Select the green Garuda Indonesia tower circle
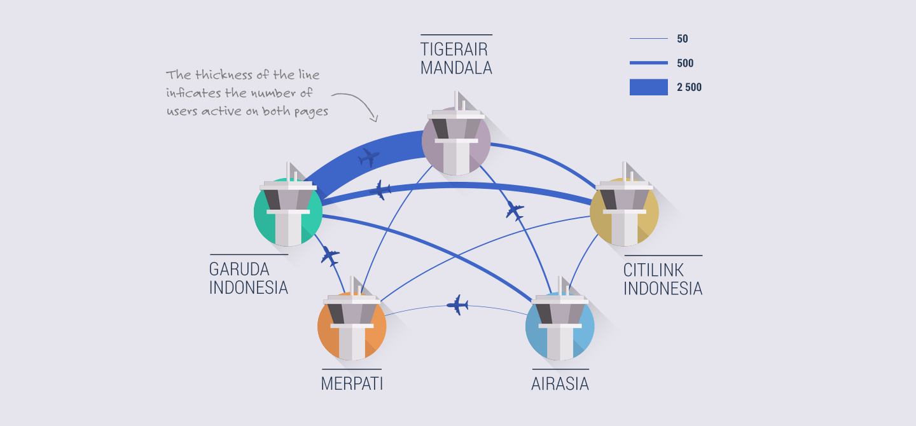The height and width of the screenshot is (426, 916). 288,212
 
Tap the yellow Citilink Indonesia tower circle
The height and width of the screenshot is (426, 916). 624,212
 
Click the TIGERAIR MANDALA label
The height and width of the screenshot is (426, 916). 456,58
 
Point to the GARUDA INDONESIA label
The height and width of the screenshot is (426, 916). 249,278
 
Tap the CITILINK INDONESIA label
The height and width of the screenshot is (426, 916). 663,279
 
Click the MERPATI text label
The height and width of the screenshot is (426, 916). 352,383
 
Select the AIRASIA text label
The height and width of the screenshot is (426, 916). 560,383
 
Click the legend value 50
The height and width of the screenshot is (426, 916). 683,39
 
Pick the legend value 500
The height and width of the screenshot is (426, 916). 685,63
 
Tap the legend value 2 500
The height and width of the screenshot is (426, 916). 689,87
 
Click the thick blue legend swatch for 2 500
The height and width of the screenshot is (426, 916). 649,87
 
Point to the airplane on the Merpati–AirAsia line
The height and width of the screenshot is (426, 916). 457,305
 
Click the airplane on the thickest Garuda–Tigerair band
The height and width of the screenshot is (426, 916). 368,158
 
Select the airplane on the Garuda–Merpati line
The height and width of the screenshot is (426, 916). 330,256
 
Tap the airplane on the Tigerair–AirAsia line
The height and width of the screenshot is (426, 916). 515,211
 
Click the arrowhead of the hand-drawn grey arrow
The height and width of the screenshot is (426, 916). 374,119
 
